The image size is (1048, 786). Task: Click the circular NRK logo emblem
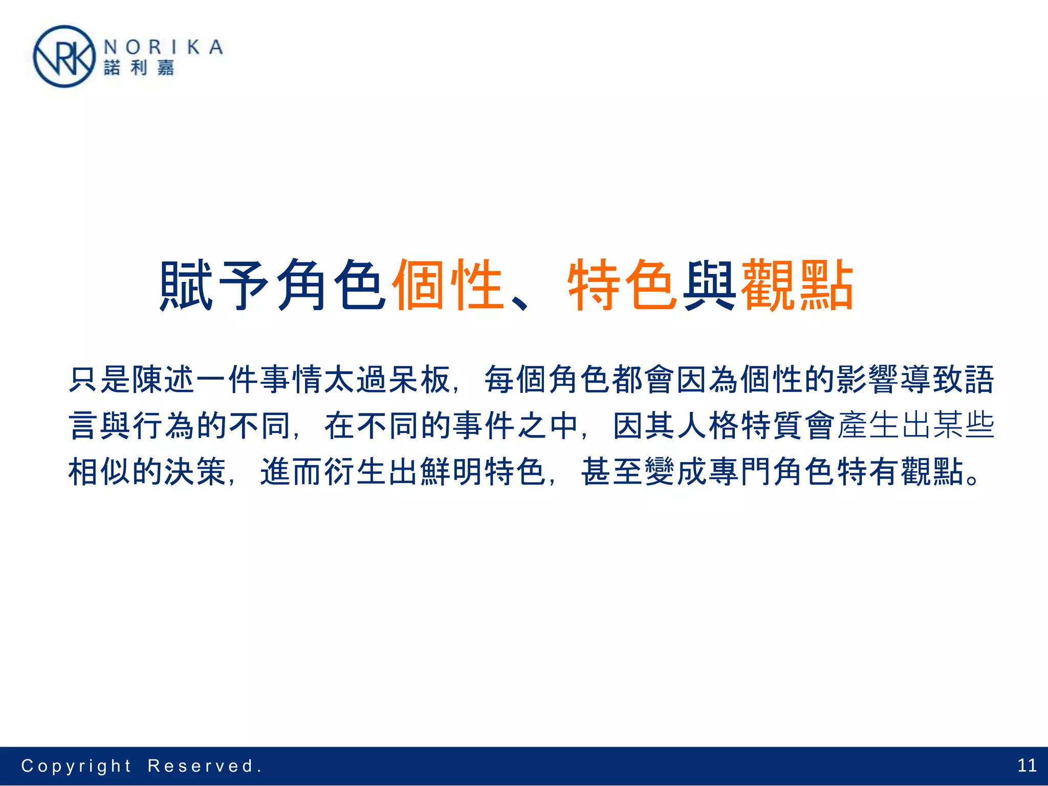tap(64, 57)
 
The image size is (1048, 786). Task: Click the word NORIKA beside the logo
tap(163, 47)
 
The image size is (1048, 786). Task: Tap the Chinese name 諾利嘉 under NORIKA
tap(139, 68)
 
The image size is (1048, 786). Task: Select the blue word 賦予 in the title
tap(214, 285)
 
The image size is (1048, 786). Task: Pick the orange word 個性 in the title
tap(448, 285)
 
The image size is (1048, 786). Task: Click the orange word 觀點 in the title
tap(797, 285)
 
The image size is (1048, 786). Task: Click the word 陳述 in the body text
tap(163, 380)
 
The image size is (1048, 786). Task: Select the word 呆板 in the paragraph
tap(419, 380)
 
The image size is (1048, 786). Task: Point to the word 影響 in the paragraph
tap(866, 380)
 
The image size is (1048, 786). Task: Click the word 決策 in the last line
tap(195, 471)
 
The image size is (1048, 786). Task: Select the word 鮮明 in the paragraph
tap(451, 471)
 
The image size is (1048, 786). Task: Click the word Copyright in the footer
tap(76, 766)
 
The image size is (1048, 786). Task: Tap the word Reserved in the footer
tap(201, 766)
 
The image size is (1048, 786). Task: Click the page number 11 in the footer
tap(1027, 766)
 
